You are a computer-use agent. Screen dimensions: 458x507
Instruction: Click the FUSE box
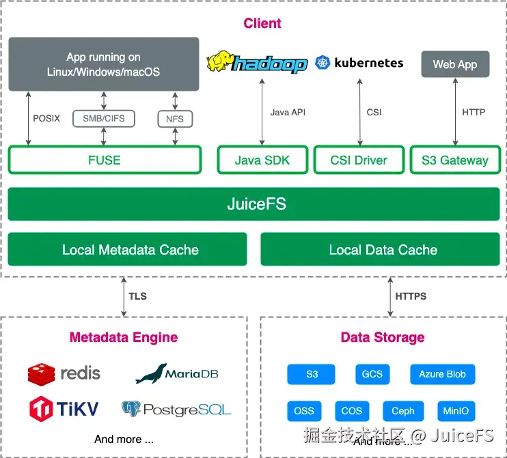click(105, 160)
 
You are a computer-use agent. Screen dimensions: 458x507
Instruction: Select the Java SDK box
click(262, 160)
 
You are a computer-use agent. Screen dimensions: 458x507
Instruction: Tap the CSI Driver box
click(359, 160)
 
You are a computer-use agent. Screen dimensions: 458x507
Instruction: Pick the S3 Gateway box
click(455, 160)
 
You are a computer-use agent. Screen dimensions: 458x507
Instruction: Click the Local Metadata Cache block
click(128, 250)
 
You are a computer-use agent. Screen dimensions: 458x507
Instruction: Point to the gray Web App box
click(455, 65)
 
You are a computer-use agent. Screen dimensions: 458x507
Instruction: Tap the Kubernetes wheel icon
click(323, 63)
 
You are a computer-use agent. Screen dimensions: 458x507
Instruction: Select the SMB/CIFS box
click(104, 118)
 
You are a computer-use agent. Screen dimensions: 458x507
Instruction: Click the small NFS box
click(175, 119)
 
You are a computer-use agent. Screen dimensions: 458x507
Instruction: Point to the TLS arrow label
click(137, 296)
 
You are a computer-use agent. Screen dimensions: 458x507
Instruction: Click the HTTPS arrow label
click(411, 296)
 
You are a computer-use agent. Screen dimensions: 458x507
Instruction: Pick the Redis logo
click(42, 374)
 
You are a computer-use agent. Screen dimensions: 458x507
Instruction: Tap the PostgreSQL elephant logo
click(131, 409)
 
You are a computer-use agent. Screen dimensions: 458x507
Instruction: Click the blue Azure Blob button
click(442, 375)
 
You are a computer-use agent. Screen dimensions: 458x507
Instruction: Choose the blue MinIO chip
click(456, 411)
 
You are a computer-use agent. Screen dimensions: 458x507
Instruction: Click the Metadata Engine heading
click(124, 337)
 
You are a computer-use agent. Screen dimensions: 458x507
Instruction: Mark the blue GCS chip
click(372, 375)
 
